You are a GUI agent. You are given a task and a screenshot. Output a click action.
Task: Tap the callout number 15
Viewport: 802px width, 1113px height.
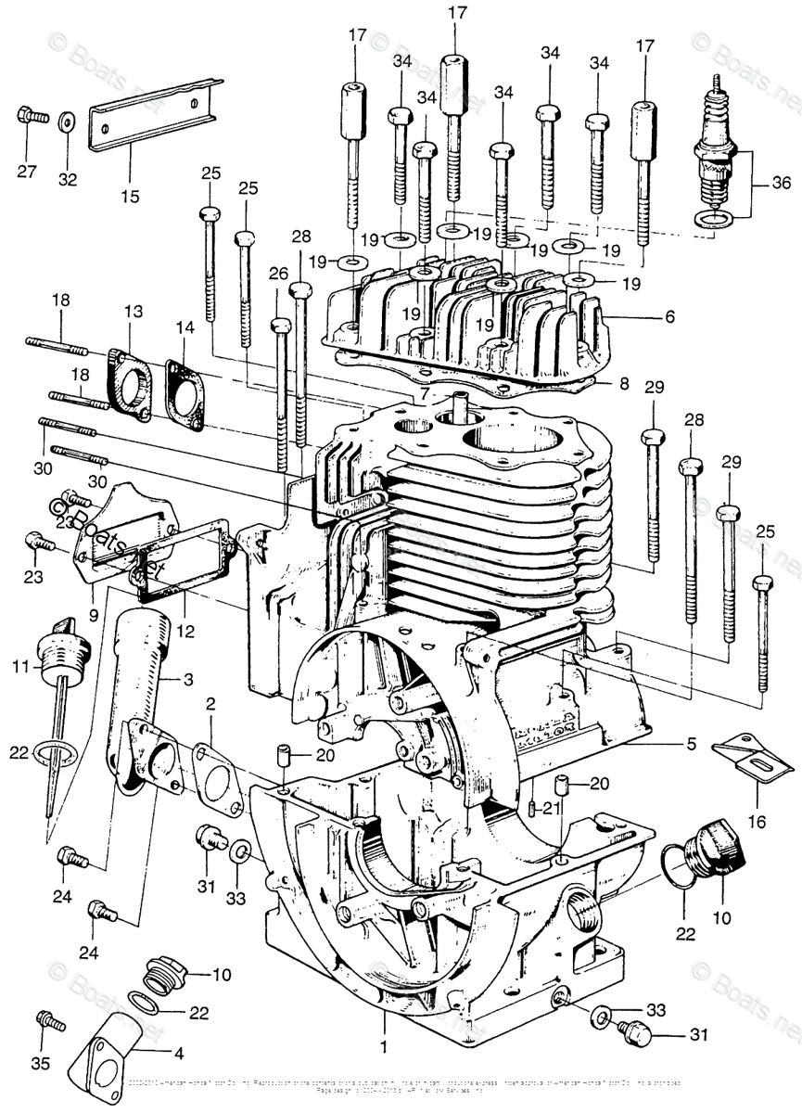coord(129,197)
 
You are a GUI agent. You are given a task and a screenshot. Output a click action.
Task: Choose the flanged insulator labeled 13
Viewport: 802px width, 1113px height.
coord(130,380)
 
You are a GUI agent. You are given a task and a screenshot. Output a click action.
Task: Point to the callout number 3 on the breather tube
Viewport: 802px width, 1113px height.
coord(188,680)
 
